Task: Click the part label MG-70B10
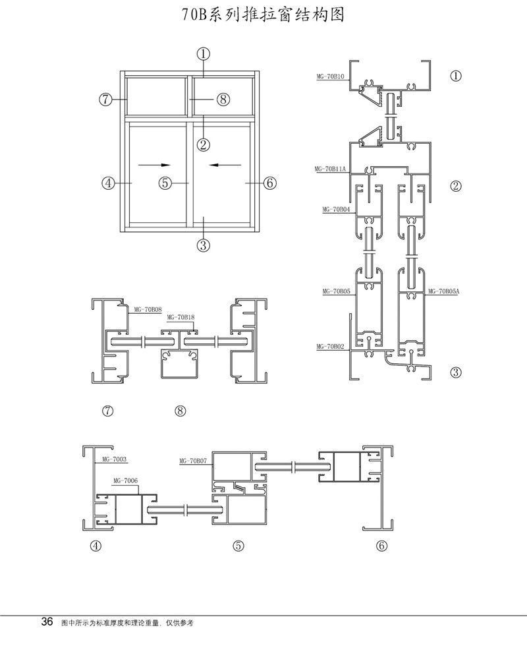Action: pos(331,78)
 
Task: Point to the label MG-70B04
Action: pos(336,210)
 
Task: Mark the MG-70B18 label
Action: pos(181,317)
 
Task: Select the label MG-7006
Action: pos(125,481)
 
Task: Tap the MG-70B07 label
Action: pos(193,461)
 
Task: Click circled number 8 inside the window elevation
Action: pos(223,100)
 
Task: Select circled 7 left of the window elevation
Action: pos(106,100)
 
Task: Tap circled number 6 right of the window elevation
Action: pos(269,183)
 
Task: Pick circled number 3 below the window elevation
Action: pos(203,245)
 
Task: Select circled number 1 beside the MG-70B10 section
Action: pos(455,76)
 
